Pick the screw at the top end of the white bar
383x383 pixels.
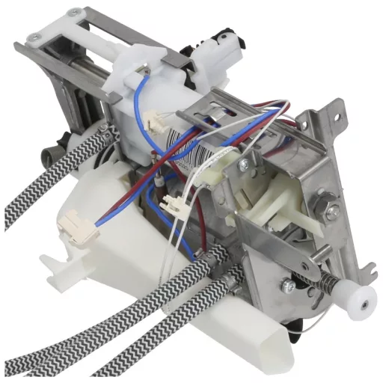point(74,13)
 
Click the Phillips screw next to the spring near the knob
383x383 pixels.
point(287,286)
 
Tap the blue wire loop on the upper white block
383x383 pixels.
point(144,105)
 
